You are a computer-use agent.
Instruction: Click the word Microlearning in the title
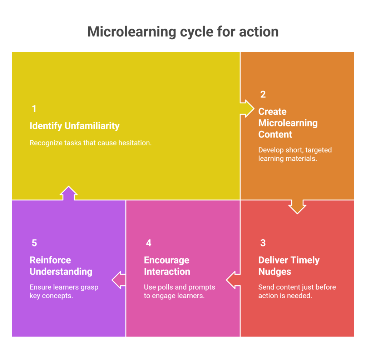click(132, 32)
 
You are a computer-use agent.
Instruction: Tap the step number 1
click(34, 109)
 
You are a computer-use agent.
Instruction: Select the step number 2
click(263, 94)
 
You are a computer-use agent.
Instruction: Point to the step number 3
click(263, 243)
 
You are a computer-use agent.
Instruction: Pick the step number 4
click(149, 243)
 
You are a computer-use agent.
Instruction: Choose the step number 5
click(34, 243)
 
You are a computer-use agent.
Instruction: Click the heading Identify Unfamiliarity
click(74, 126)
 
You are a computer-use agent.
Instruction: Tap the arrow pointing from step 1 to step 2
click(247, 109)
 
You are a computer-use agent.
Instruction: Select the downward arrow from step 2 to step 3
click(297, 207)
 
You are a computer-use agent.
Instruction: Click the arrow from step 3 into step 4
click(233, 280)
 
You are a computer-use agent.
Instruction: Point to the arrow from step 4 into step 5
click(119, 280)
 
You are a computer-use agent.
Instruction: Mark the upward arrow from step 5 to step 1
click(69, 193)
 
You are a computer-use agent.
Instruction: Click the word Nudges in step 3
click(275, 272)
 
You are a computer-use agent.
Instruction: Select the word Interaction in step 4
click(167, 272)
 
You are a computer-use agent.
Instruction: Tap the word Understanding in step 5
click(61, 272)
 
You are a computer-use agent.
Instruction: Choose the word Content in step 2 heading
click(275, 135)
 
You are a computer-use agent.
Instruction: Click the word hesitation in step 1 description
click(135, 143)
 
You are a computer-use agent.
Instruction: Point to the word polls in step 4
click(165, 287)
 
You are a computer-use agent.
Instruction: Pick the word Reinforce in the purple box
click(50, 260)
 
